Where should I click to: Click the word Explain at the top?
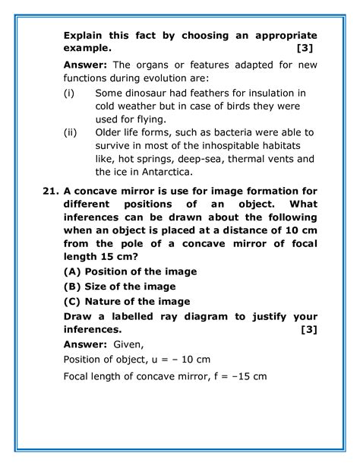tap(85, 36)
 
